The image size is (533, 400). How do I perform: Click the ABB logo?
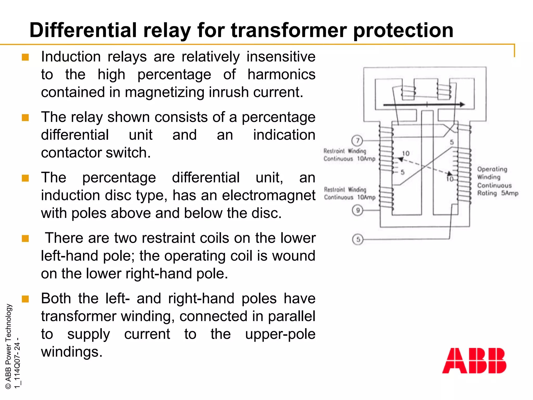click(x=474, y=360)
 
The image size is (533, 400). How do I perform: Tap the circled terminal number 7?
click(x=357, y=141)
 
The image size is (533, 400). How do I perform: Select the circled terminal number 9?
click(x=358, y=210)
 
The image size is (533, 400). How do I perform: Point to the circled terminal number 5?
click(x=358, y=239)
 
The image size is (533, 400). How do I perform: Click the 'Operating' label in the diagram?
click(x=492, y=169)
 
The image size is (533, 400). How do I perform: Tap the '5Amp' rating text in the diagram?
click(x=510, y=193)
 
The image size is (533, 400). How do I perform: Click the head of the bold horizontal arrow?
click(x=462, y=104)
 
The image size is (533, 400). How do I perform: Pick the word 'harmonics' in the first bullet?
click(x=281, y=74)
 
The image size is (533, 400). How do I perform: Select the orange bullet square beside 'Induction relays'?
click(x=25, y=57)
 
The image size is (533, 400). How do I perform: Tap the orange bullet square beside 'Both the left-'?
click(x=25, y=299)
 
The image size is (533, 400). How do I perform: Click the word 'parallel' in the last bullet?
click(x=291, y=316)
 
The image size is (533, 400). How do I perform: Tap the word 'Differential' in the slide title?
click(x=83, y=30)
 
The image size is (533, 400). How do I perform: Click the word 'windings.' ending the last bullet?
click(x=72, y=352)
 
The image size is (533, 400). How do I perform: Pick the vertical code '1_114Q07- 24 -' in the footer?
click(x=17, y=363)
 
